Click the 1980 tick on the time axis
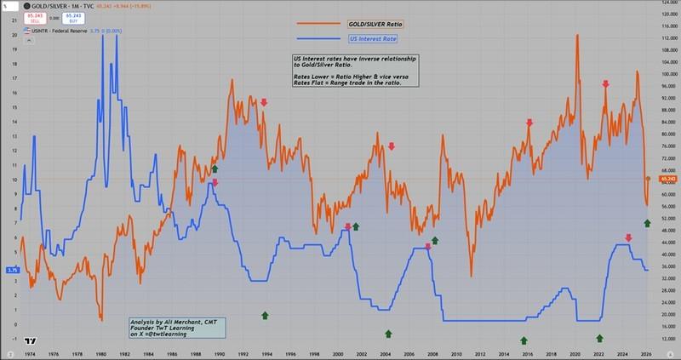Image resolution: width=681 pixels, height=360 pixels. point(101,355)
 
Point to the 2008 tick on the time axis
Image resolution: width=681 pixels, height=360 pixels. point(432,355)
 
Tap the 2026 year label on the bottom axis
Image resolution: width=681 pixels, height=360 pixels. point(646,355)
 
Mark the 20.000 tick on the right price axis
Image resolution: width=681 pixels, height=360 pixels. point(667,314)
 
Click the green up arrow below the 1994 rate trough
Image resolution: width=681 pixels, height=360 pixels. point(265,314)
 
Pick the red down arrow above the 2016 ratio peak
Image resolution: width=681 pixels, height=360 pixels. point(529,123)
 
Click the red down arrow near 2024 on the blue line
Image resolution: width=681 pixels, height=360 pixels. point(628,238)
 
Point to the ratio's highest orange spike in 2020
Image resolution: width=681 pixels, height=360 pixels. point(578,37)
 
